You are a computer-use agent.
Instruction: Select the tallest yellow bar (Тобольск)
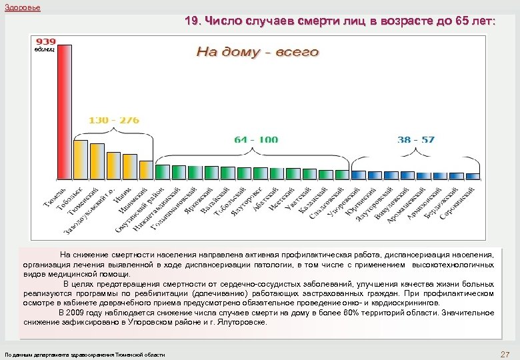(x=80, y=159)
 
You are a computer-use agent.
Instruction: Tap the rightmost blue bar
(x=472, y=175)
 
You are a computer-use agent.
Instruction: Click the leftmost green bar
(x=162, y=172)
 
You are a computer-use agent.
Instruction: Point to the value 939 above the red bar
(x=46, y=41)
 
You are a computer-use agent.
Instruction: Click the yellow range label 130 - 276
(x=114, y=120)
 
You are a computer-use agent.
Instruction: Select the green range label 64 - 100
(x=257, y=140)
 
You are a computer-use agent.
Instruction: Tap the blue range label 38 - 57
(x=415, y=140)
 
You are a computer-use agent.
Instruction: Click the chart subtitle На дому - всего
(x=257, y=52)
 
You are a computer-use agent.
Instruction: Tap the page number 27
(x=504, y=354)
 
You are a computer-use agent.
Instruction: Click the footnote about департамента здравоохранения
(x=85, y=355)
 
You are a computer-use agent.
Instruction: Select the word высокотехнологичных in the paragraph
(x=453, y=265)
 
